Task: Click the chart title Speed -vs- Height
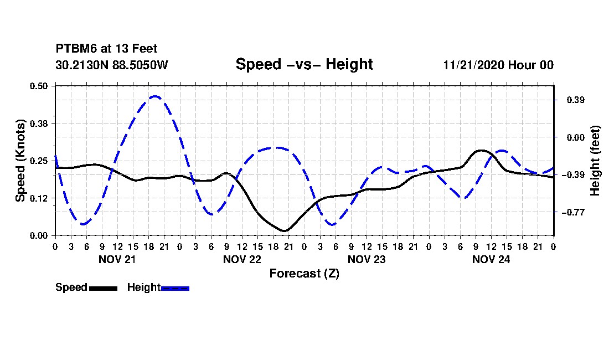pos(304,64)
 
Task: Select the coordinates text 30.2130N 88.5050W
pos(112,65)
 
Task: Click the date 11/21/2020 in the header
pos(473,65)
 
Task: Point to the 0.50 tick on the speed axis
pos(38,86)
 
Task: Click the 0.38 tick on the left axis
pos(38,124)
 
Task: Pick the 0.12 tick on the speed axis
pos(38,198)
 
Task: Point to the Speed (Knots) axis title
pos(20,161)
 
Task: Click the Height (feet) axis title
pos(595,161)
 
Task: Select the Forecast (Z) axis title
pos(304,274)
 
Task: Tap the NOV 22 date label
pos(242,259)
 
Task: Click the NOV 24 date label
pos(491,259)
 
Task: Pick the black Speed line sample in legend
pos(103,288)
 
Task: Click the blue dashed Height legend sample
pos(175,288)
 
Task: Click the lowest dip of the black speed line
pos(285,231)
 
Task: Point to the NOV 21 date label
pos(117,259)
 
